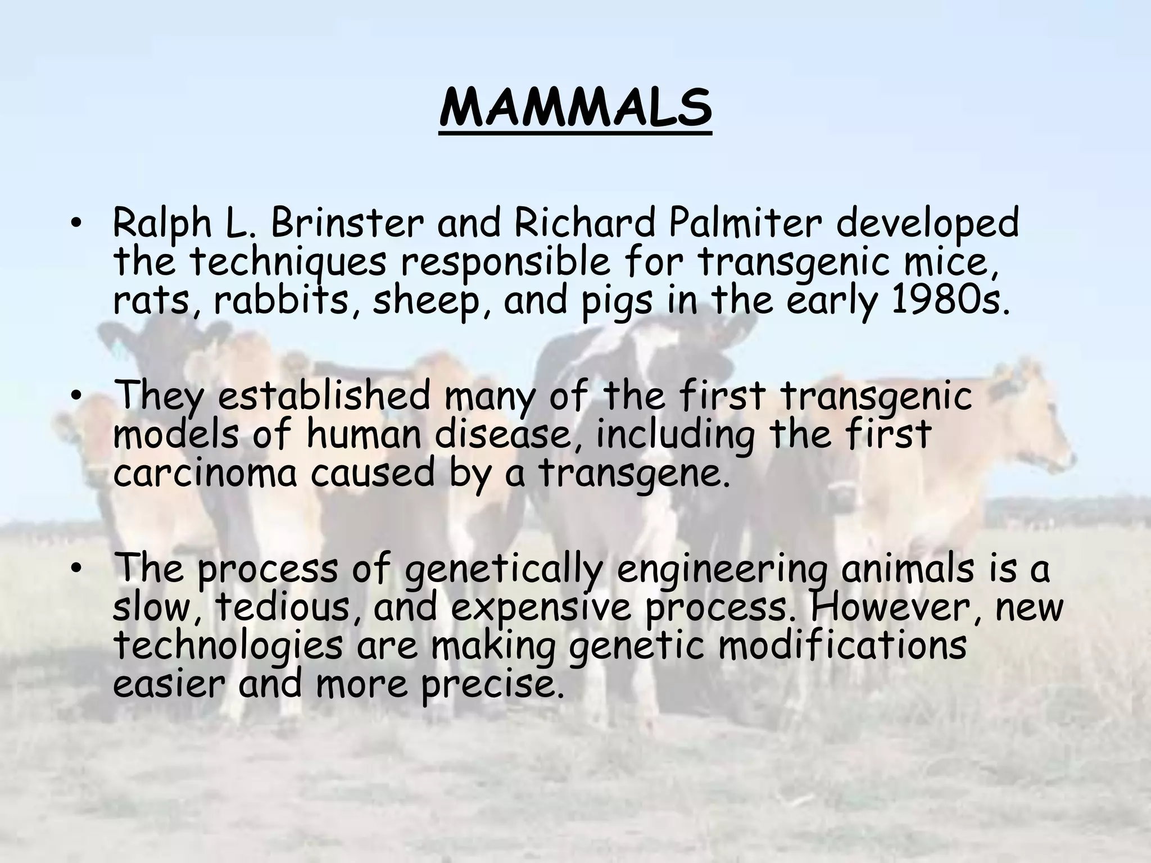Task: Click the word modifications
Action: coord(843,646)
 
